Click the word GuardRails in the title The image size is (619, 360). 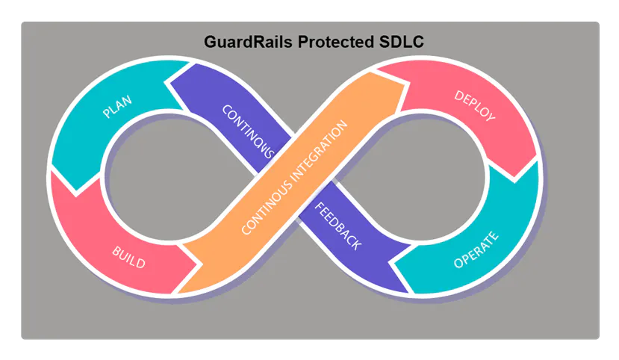click(248, 43)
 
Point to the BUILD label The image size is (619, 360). click(128, 257)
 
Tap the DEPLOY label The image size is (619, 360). click(475, 107)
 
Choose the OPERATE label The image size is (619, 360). click(476, 250)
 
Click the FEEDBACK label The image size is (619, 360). click(338, 226)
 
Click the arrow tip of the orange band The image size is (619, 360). click(404, 82)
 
